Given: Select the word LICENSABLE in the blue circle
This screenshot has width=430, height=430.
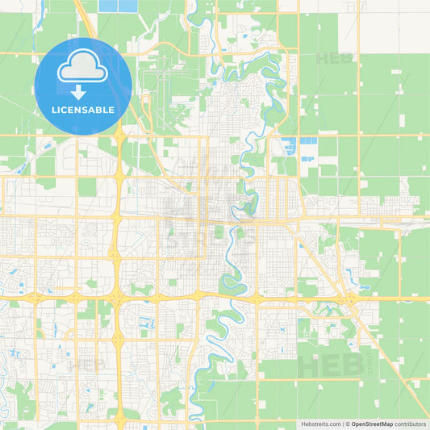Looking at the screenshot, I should [83, 109].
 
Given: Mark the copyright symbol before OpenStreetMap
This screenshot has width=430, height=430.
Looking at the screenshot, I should [348, 423].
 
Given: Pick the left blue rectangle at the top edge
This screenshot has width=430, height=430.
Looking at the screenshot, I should [107, 6].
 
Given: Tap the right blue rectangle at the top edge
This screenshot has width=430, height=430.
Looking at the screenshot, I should [128, 6].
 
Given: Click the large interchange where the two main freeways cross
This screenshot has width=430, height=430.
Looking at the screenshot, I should [117, 297].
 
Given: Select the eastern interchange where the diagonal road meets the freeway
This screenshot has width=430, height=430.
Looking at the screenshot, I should [352, 299].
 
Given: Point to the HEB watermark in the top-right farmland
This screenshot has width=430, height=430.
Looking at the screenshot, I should [331, 58].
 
